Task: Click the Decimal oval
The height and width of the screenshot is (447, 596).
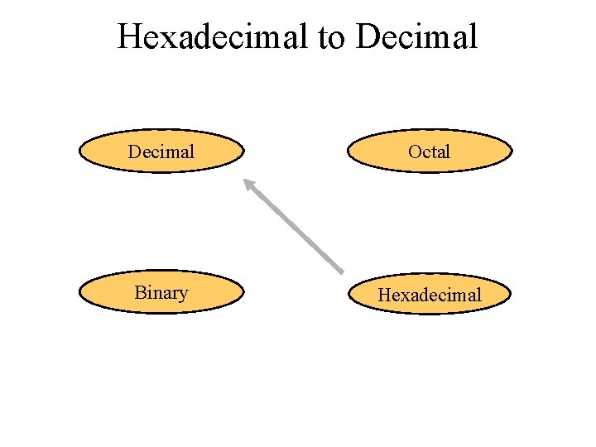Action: [x=162, y=151]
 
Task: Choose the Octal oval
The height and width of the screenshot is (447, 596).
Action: [x=430, y=151]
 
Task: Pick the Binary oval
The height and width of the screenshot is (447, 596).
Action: [x=162, y=293]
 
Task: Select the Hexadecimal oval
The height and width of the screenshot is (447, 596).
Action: [x=430, y=295]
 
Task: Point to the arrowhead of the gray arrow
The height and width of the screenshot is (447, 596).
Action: [x=246, y=182]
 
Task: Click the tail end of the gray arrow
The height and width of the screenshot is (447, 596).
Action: [x=342, y=272]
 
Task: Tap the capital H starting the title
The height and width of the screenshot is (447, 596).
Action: [x=129, y=36]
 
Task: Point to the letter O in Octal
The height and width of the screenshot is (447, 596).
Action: [x=415, y=151]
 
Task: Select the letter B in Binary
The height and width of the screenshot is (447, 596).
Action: [x=139, y=293]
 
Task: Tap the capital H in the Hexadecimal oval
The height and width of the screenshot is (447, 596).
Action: [x=385, y=295]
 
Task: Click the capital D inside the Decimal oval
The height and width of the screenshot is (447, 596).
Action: [x=134, y=151]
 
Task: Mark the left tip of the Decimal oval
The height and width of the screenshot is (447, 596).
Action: [x=79, y=151]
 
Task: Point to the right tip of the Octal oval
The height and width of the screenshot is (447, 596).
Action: [x=512, y=151]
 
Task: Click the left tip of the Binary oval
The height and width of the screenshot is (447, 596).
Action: [x=79, y=293]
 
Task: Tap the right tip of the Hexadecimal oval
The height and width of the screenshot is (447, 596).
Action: [x=512, y=295]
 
